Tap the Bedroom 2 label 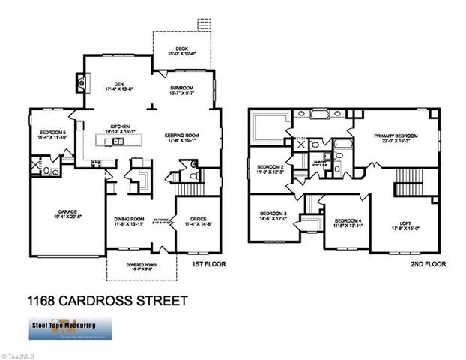(270, 169)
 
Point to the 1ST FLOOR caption (210, 265)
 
